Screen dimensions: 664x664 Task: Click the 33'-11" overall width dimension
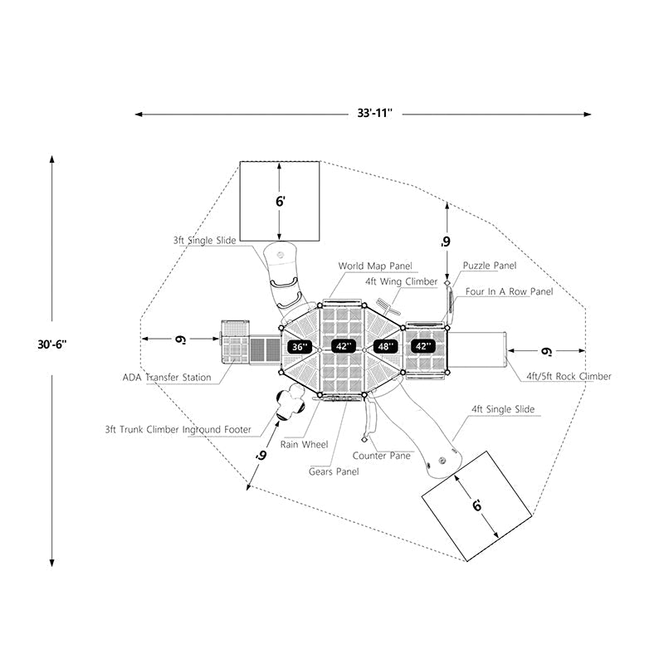click(365, 113)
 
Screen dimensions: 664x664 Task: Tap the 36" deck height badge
click(298, 346)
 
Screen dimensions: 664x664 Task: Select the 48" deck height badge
click(385, 346)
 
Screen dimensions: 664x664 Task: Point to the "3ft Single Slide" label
click(204, 240)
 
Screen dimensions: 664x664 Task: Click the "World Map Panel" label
click(374, 266)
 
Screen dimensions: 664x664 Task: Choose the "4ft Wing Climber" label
click(401, 282)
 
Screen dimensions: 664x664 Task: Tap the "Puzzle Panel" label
click(489, 266)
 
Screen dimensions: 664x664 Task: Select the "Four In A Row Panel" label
click(509, 292)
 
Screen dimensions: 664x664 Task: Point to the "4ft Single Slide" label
click(503, 409)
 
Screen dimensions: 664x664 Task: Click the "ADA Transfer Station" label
click(166, 378)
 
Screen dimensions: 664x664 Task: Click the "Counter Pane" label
click(381, 456)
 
